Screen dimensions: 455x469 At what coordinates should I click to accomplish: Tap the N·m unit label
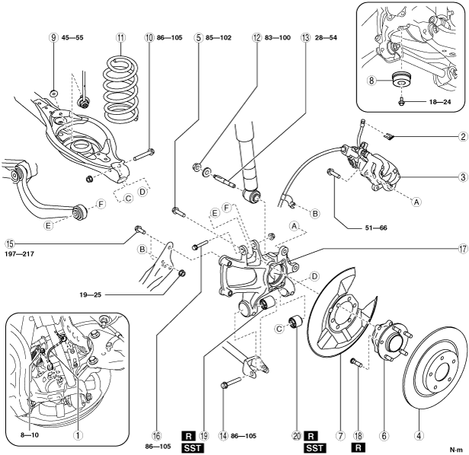click(456, 449)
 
